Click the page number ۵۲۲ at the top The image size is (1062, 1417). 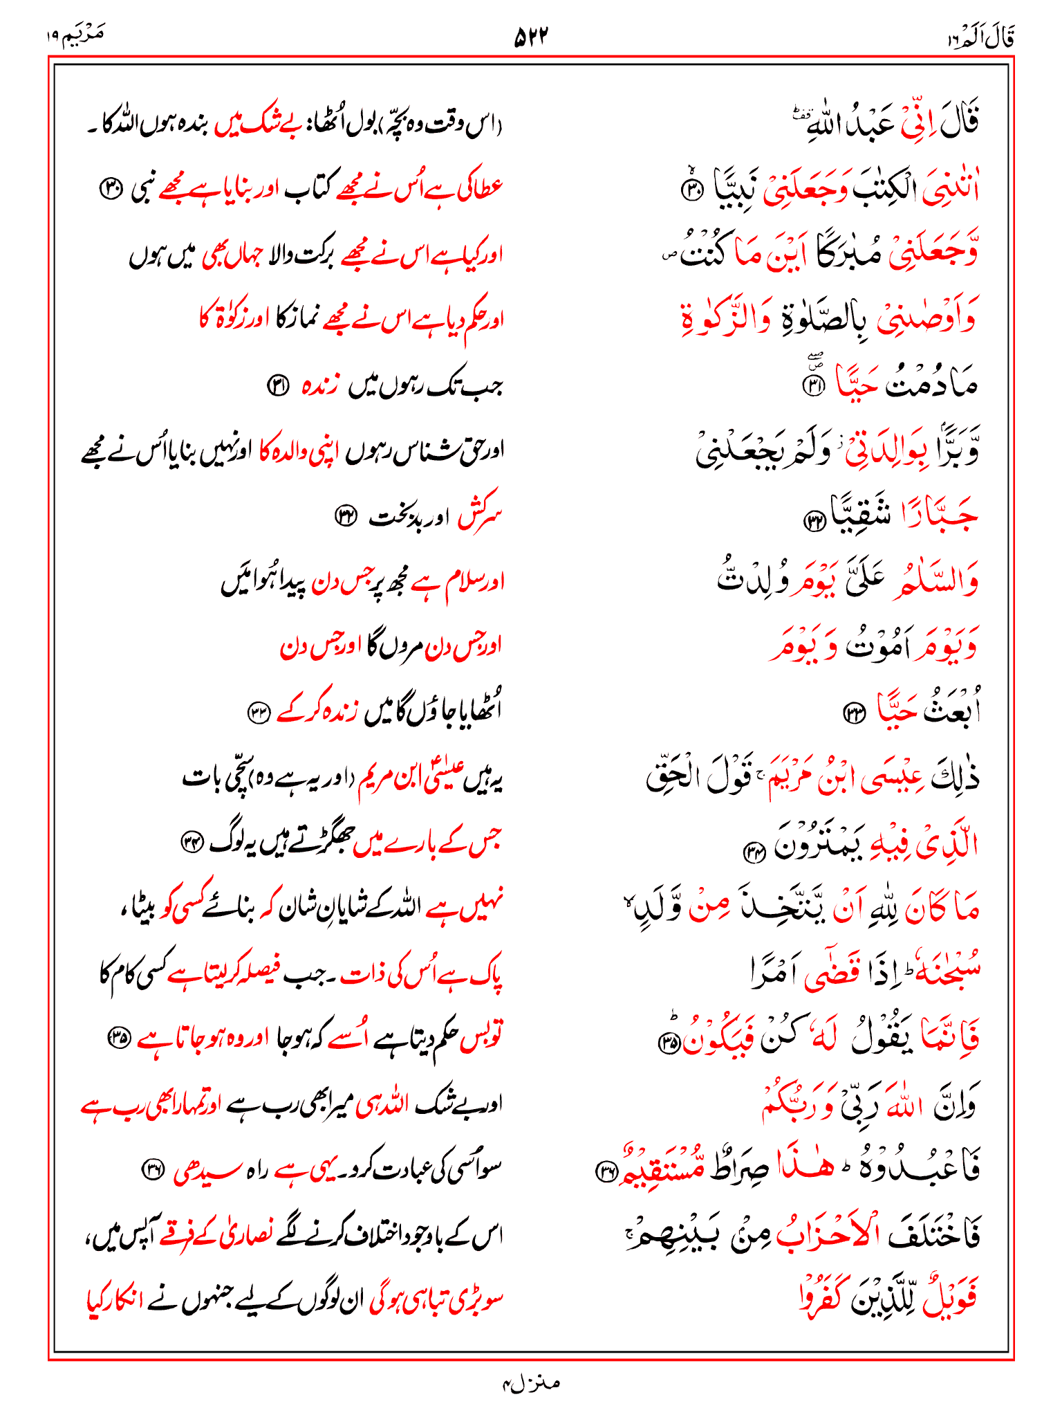coord(530,37)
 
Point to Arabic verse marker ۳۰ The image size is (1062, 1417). coord(691,190)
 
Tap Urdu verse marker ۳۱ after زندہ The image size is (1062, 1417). coord(277,385)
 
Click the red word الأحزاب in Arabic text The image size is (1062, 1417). coord(830,1234)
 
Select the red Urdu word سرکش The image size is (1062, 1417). coord(478,515)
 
